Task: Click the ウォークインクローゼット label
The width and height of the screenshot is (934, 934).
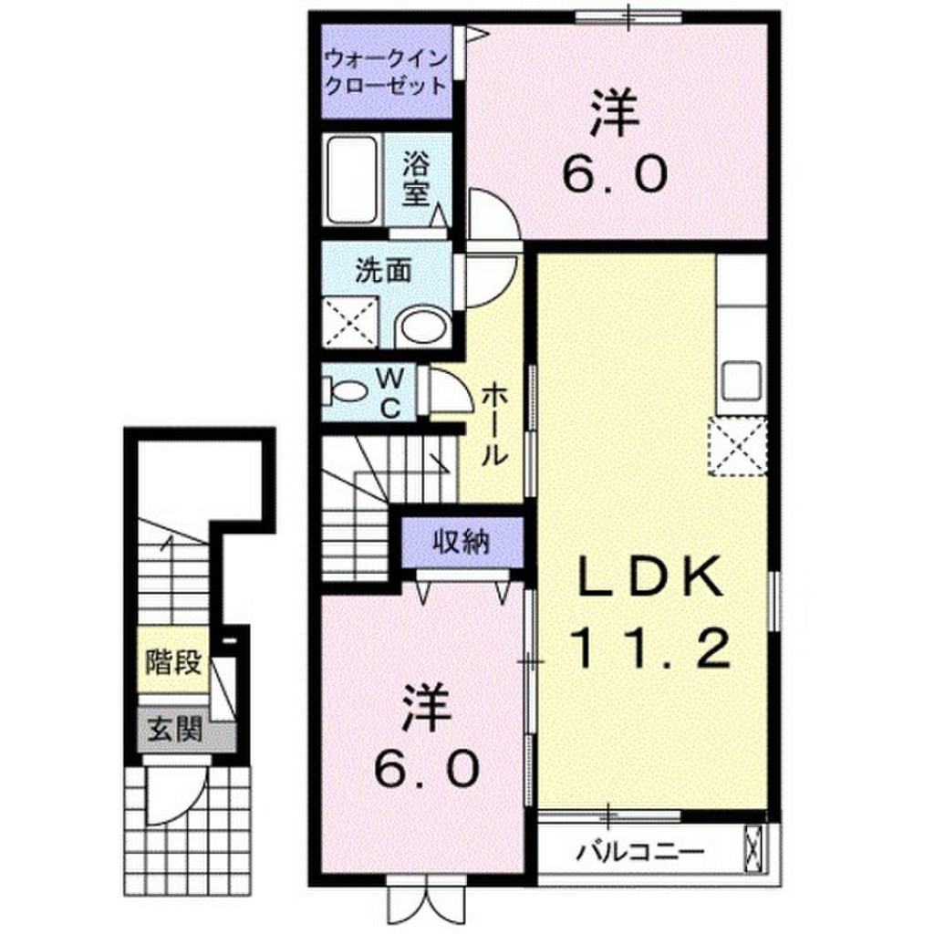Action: point(387,74)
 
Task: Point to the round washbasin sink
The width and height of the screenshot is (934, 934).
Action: point(423,326)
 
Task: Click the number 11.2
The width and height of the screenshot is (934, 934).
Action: point(649,649)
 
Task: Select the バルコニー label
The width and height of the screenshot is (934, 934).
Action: point(639,854)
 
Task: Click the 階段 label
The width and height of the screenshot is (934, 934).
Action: point(173,661)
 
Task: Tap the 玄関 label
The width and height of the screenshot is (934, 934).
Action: point(174,731)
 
